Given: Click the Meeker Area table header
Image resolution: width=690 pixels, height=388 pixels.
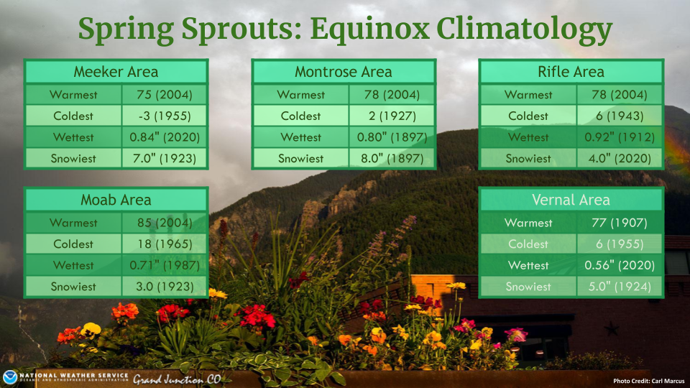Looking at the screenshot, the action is pos(116,72).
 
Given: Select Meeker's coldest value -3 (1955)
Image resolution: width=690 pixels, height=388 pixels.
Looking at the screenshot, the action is pos(165,116).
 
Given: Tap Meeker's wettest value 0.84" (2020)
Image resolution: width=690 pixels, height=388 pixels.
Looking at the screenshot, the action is pos(165,137).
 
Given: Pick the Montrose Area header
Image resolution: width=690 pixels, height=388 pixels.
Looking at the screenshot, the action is pos(344,72).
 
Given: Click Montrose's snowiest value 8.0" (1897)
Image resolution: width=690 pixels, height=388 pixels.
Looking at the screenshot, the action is pos(392,158).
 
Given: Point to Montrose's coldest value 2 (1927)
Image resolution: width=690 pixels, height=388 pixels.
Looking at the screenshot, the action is pos(392,116).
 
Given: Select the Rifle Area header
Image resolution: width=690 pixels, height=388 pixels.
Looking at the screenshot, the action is pos(571,72).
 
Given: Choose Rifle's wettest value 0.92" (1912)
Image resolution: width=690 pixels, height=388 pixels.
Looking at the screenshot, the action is pos(620,137).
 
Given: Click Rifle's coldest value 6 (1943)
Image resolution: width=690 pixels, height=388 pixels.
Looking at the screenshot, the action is pos(620,116).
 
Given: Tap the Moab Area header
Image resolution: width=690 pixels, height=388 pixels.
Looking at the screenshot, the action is pos(116,200).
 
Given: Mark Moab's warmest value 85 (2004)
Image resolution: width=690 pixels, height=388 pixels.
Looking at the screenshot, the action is pos(165,223).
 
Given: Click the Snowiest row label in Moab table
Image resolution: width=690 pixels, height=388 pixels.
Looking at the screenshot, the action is pos(73,287).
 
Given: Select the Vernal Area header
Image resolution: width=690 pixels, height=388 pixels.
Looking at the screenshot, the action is pos(571,200).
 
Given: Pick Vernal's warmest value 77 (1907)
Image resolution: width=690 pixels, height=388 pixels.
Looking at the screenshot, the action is pos(620,223).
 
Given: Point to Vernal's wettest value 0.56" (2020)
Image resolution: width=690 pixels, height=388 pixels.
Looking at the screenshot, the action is pos(620,265).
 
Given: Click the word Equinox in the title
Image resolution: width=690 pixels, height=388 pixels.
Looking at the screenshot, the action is pos(369,30).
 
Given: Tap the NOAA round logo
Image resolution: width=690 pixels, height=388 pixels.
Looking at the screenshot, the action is pos(9,377).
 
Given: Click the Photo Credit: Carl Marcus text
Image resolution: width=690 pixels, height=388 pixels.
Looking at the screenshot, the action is pos(648,381).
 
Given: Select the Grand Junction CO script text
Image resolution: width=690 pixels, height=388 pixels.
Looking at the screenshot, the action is pos(177,379).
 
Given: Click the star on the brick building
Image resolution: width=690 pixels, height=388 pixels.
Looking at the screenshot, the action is pos(611,328).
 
